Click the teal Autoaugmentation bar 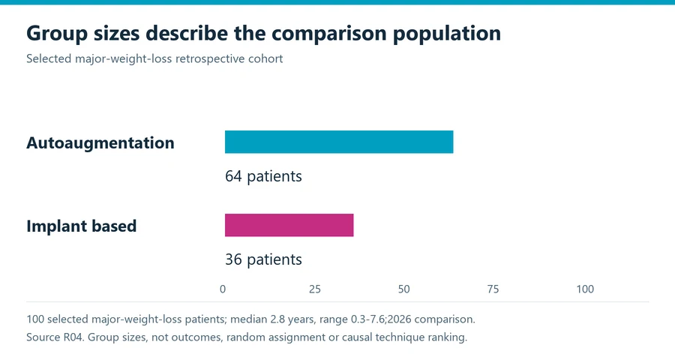339,142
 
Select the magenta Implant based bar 289,225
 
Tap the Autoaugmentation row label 100,143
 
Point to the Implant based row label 81,226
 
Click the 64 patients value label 263,176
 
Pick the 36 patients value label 263,259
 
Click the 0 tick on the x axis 223,289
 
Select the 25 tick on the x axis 315,289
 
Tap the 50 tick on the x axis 403,289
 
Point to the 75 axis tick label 493,289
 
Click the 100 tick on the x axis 585,289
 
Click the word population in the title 447,34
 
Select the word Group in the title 57,34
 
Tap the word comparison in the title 329,34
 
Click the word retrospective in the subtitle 210,58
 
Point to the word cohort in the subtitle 265,58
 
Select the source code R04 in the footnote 73,337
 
